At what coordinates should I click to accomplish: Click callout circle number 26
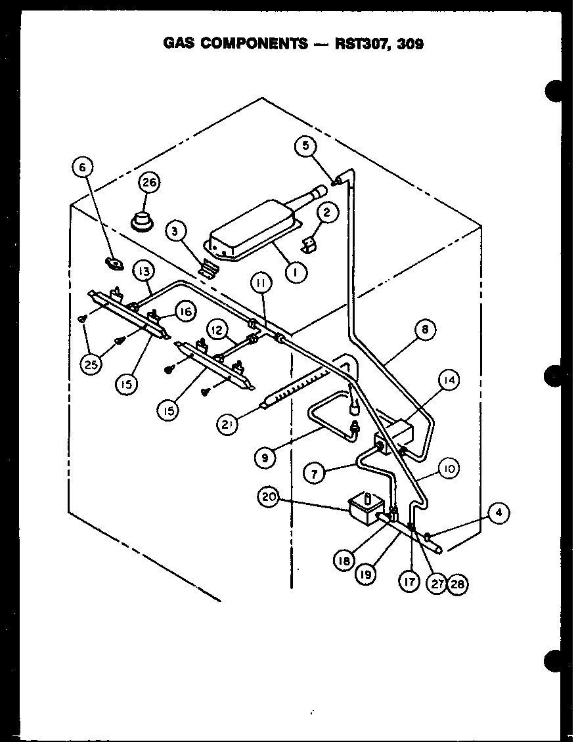[x=150, y=183]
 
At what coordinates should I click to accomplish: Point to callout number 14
[x=450, y=380]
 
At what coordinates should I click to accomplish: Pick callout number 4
[x=499, y=513]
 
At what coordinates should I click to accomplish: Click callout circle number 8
[x=425, y=330]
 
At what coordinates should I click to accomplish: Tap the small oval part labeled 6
[x=115, y=263]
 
